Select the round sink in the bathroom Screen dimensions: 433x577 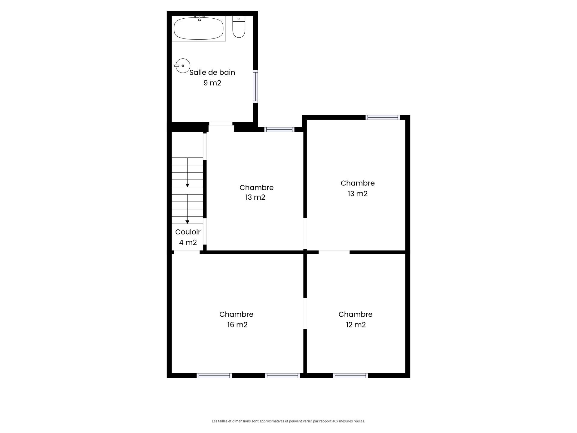tap(183, 66)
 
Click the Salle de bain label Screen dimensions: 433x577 tap(212, 72)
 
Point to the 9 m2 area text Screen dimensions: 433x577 tap(212, 83)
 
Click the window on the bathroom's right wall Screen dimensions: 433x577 tap(255, 87)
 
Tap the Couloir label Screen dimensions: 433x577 tap(188, 232)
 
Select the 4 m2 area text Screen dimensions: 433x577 tap(188, 242)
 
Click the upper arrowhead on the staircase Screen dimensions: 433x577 tap(188, 185)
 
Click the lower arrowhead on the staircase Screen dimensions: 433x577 tap(188, 222)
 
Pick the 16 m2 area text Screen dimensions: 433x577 tap(237, 325)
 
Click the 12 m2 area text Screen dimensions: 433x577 tap(356, 325)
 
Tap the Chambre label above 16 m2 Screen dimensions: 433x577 tap(236, 314)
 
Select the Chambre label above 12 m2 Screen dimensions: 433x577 tap(356, 314)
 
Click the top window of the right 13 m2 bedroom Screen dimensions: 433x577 tap(383, 118)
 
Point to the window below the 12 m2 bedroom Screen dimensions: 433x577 tap(350, 376)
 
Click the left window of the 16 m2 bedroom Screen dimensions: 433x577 tap(214, 376)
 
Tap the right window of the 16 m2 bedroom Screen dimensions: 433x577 tap(282, 376)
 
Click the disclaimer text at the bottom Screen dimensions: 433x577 tap(288, 421)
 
